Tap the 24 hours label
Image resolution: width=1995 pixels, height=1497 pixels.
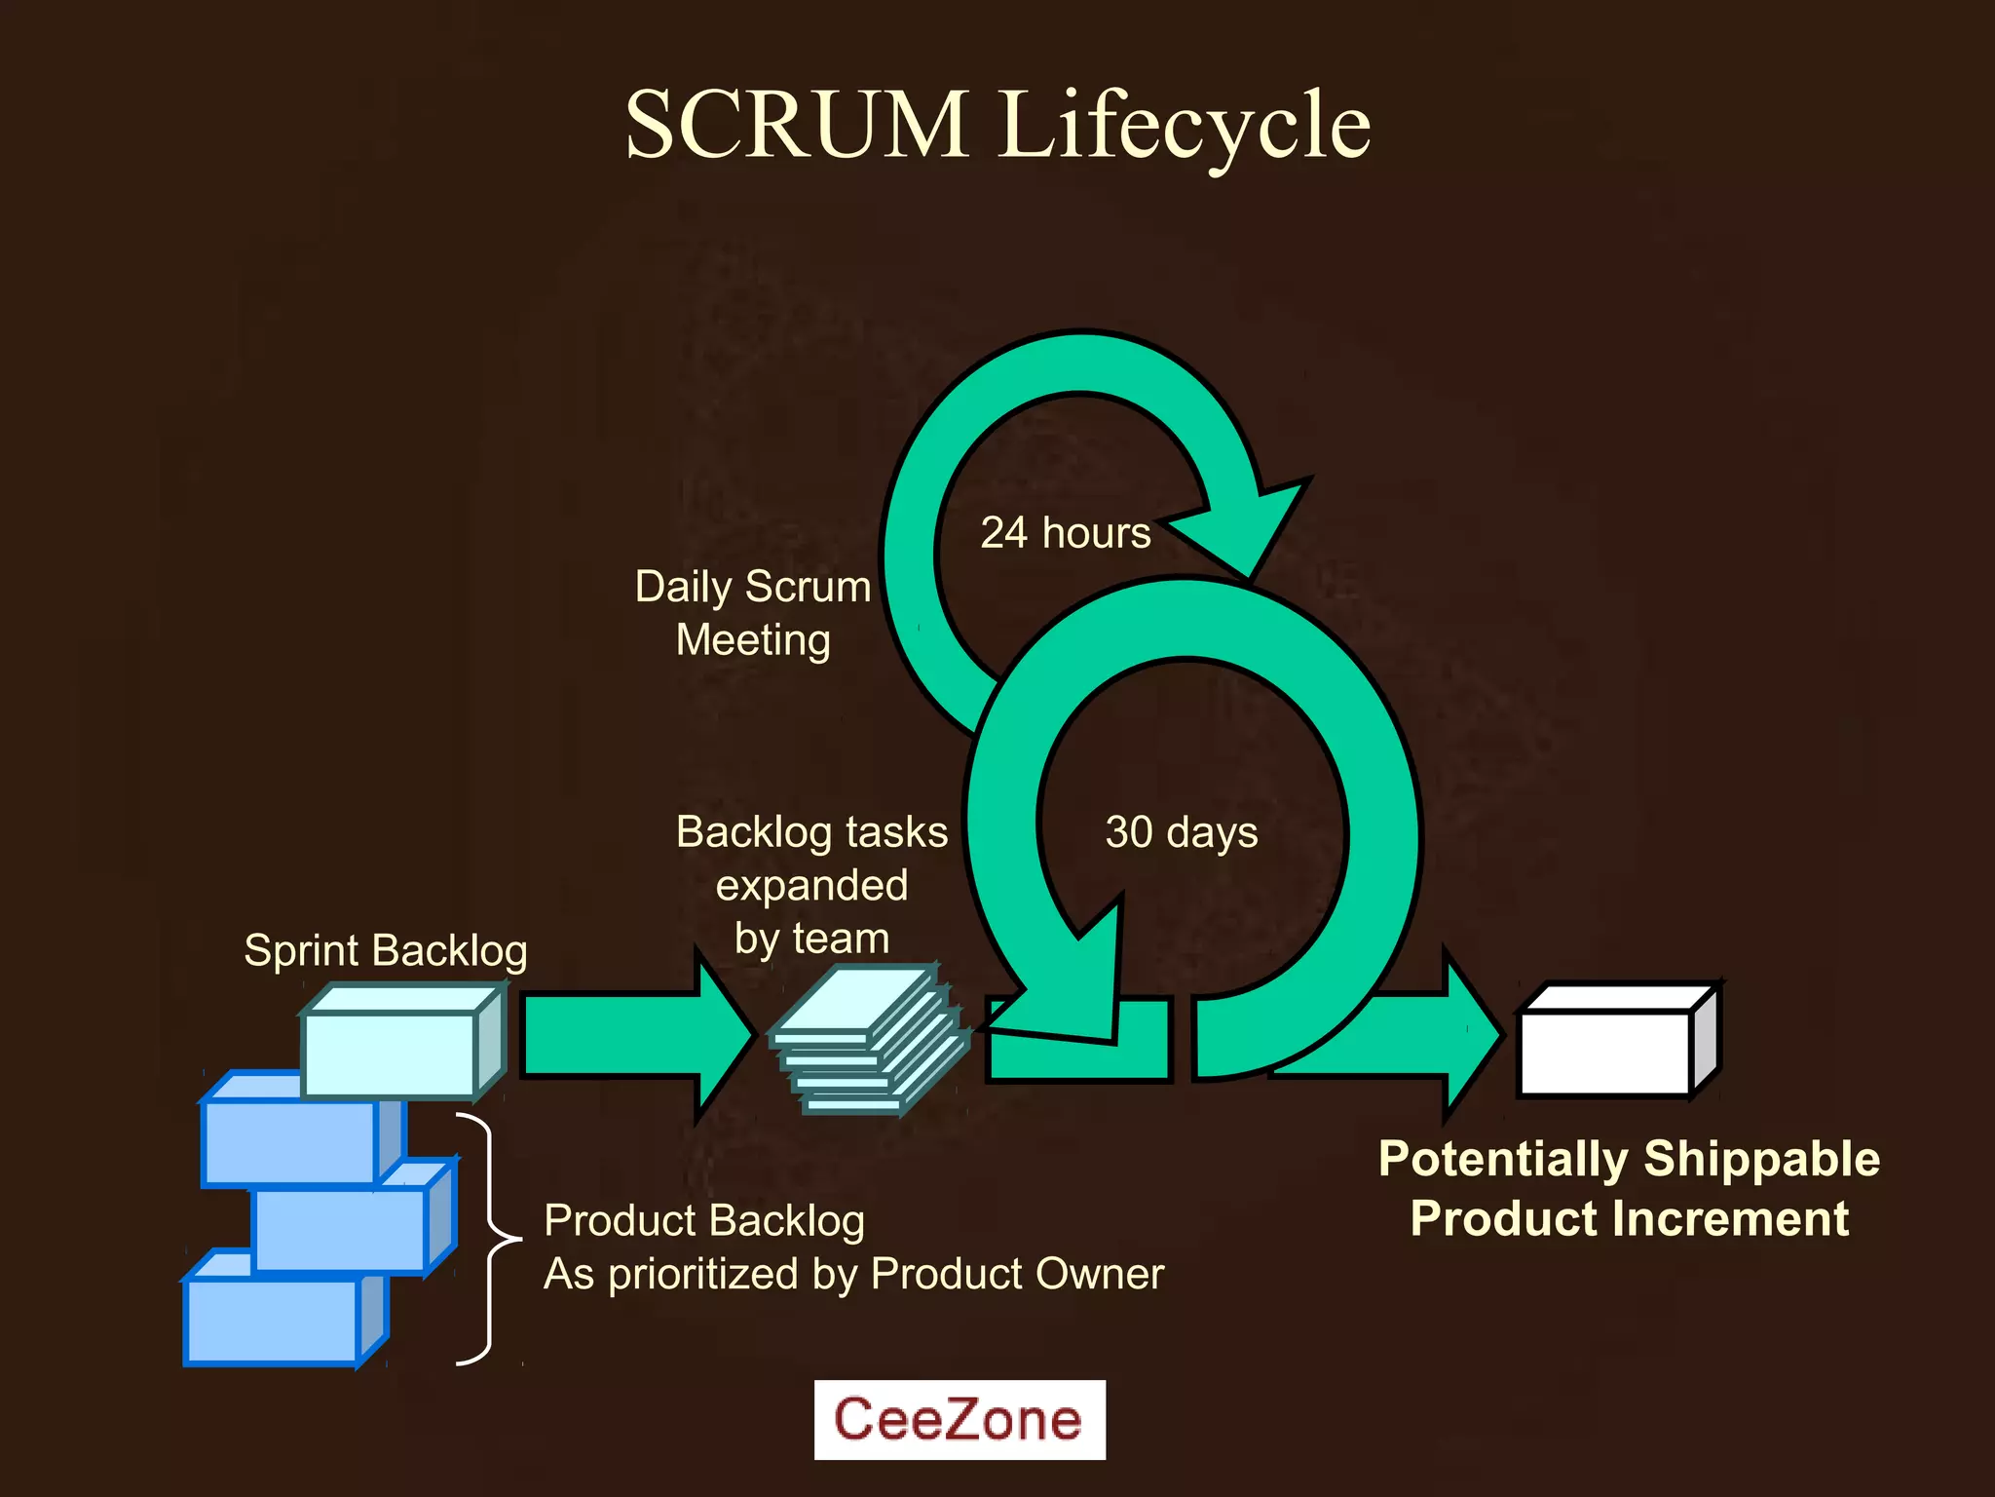coord(1066,533)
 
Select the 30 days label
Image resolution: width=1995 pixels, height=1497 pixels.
coord(1181,832)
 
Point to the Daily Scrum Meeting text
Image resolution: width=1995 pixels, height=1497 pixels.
coord(753,613)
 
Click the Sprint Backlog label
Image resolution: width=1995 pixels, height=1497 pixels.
coord(386,950)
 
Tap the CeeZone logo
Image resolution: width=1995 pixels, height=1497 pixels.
coord(960,1419)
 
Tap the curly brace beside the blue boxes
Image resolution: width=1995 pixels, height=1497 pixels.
coord(487,1240)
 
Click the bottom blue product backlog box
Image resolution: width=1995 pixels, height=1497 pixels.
coord(273,1321)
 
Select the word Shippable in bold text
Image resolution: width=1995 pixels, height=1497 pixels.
coord(1761,1159)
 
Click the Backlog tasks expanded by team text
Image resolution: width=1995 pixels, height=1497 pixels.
coord(811,885)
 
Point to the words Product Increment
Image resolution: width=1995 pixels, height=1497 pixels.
coord(1629,1218)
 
